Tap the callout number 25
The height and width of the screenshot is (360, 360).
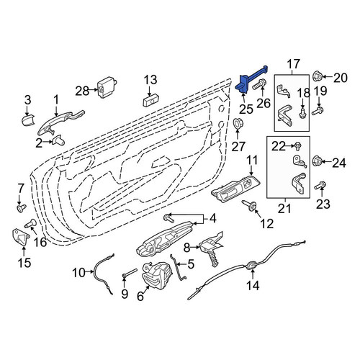(246, 109)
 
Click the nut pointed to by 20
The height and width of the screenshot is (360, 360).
(318, 76)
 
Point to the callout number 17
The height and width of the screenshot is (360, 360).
(294, 64)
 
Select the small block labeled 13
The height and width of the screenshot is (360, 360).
(151, 101)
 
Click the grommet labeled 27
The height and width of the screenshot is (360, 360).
(238, 124)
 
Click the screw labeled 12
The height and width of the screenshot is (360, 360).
(249, 205)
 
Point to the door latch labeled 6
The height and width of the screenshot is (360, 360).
(157, 275)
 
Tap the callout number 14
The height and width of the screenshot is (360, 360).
(253, 285)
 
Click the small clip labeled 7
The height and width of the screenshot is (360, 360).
(22, 208)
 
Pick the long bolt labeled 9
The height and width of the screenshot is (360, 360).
(130, 274)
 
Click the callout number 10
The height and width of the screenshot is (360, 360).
(79, 273)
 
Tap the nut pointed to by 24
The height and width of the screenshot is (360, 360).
(318, 161)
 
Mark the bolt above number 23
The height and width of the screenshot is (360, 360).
(320, 186)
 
